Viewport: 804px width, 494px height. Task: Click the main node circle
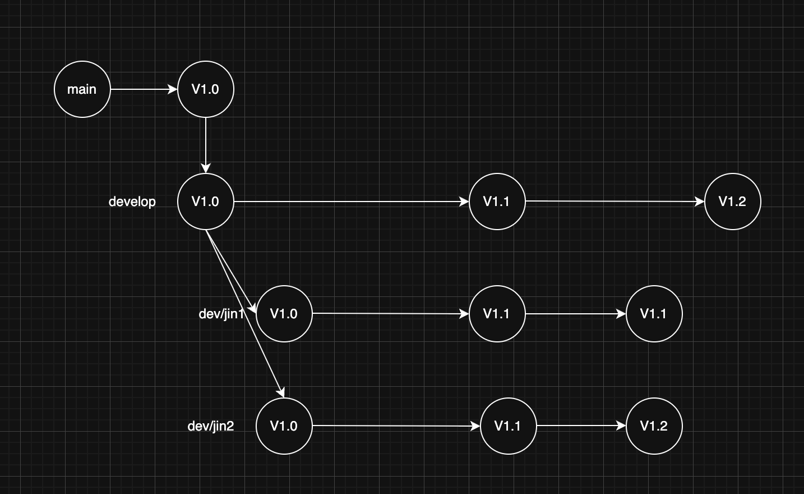82,89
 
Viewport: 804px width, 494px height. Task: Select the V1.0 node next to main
206,89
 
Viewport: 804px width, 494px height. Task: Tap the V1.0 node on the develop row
206,202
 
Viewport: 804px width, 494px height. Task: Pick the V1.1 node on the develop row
497,202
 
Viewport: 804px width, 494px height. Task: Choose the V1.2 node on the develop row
733,202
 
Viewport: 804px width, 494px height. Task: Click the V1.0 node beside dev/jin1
284,314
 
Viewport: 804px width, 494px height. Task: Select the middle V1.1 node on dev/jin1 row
497,314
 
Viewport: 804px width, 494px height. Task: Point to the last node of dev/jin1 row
654,314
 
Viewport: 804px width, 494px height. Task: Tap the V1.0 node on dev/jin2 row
284,426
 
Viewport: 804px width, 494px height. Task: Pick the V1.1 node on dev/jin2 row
509,426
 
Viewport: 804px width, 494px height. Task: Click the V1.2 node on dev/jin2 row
654,426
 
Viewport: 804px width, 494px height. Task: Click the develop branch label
132,202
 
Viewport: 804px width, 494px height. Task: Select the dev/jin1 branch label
221,314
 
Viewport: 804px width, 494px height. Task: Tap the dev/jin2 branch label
211,426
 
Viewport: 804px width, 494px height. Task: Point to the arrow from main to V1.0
144,89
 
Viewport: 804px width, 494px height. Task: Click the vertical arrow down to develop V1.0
206,145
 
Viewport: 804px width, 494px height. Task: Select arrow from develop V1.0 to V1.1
351,202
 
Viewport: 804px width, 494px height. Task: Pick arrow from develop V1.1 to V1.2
614,202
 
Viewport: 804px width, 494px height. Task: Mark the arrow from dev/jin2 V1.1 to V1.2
581,426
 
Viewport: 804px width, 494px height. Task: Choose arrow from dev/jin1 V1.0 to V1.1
390,314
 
